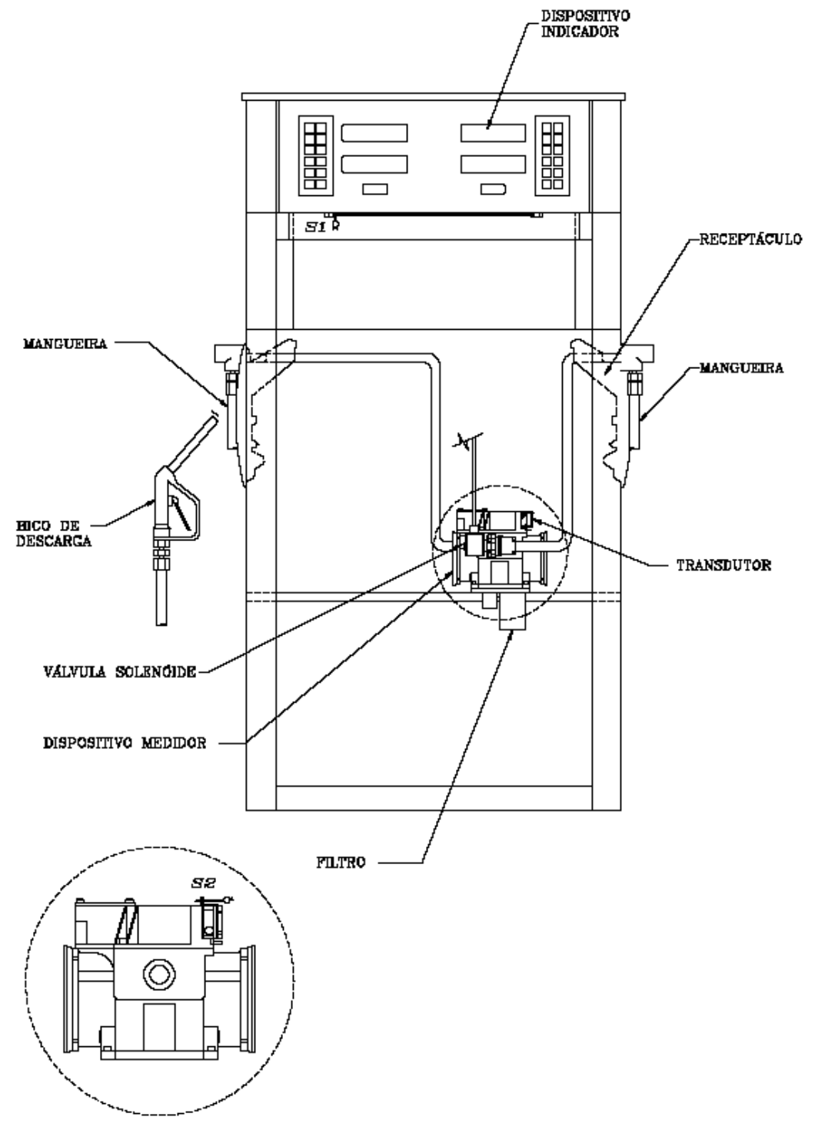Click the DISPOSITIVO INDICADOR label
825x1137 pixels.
(585, 23)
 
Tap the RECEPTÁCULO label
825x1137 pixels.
(750, 240)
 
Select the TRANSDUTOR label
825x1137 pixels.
(724, 566)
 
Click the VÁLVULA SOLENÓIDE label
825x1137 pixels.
(120, 672)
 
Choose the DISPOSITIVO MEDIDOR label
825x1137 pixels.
(125, 743)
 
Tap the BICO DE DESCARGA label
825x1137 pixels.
(53, 534)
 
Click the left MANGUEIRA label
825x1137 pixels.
(65, 344)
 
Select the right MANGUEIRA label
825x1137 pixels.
(741, 368)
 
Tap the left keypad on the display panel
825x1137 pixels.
(316, 156)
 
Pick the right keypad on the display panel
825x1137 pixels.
(552, 156)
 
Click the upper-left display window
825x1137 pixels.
(374, 133)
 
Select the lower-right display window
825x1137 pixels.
(493, 164)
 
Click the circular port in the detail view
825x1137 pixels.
(159, 975)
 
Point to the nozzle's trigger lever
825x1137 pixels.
(181, 514)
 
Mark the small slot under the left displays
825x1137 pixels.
(375, 189)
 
